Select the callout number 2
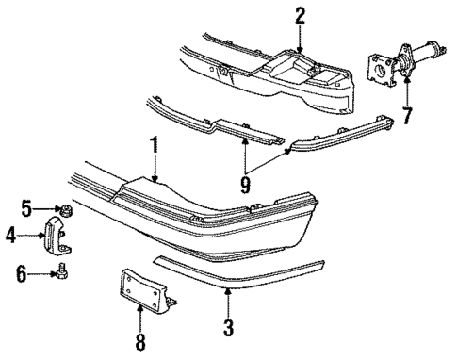[300, 15]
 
